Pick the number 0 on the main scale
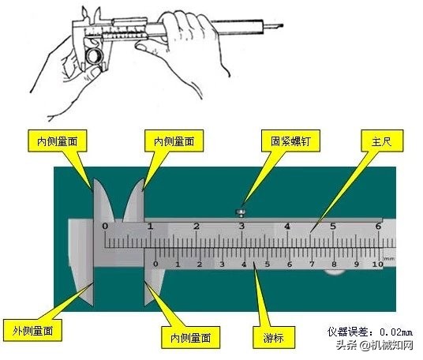click(x=105, y=227)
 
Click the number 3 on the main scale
click(x=241, y=227)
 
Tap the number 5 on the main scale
click(x=333, y=227)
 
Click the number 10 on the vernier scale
click(x=377, y=264)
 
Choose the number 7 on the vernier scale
click(x=312, y=264)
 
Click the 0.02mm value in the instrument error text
click(x=392, y=333)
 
